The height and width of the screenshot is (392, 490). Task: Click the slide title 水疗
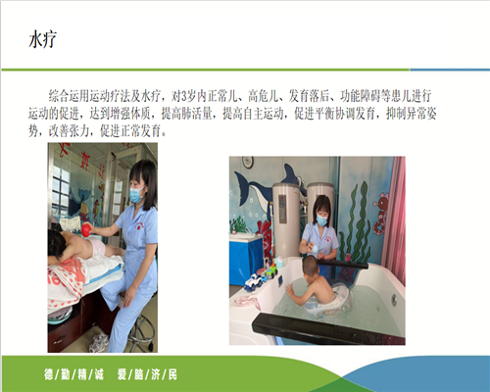[x=42, y=39]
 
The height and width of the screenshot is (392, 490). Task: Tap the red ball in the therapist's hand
[x=86, y=229]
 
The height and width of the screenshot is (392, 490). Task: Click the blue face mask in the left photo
[x=136, y=194]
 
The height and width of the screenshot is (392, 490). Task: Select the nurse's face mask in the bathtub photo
[x=321, y=220]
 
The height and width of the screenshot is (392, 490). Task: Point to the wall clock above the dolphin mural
[x=248, y=162]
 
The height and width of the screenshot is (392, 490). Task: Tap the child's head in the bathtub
[x=310, y=266]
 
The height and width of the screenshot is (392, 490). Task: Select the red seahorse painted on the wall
[x=380, y=214]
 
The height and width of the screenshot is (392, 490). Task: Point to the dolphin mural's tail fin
[x=290, y=173]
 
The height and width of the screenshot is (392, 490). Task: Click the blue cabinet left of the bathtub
[x=246, y=259]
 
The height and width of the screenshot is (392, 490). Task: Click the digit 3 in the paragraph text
[x=183, y=96]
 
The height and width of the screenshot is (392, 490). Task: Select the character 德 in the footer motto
[x=49, y=374]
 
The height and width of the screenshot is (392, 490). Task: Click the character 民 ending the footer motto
[x=172, y=374]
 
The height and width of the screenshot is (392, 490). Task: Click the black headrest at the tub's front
[x=326, y=328]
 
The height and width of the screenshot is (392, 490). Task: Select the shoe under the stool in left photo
[x=99, y=343]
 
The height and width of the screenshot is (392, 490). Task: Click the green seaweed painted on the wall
[x=358, y=225]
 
